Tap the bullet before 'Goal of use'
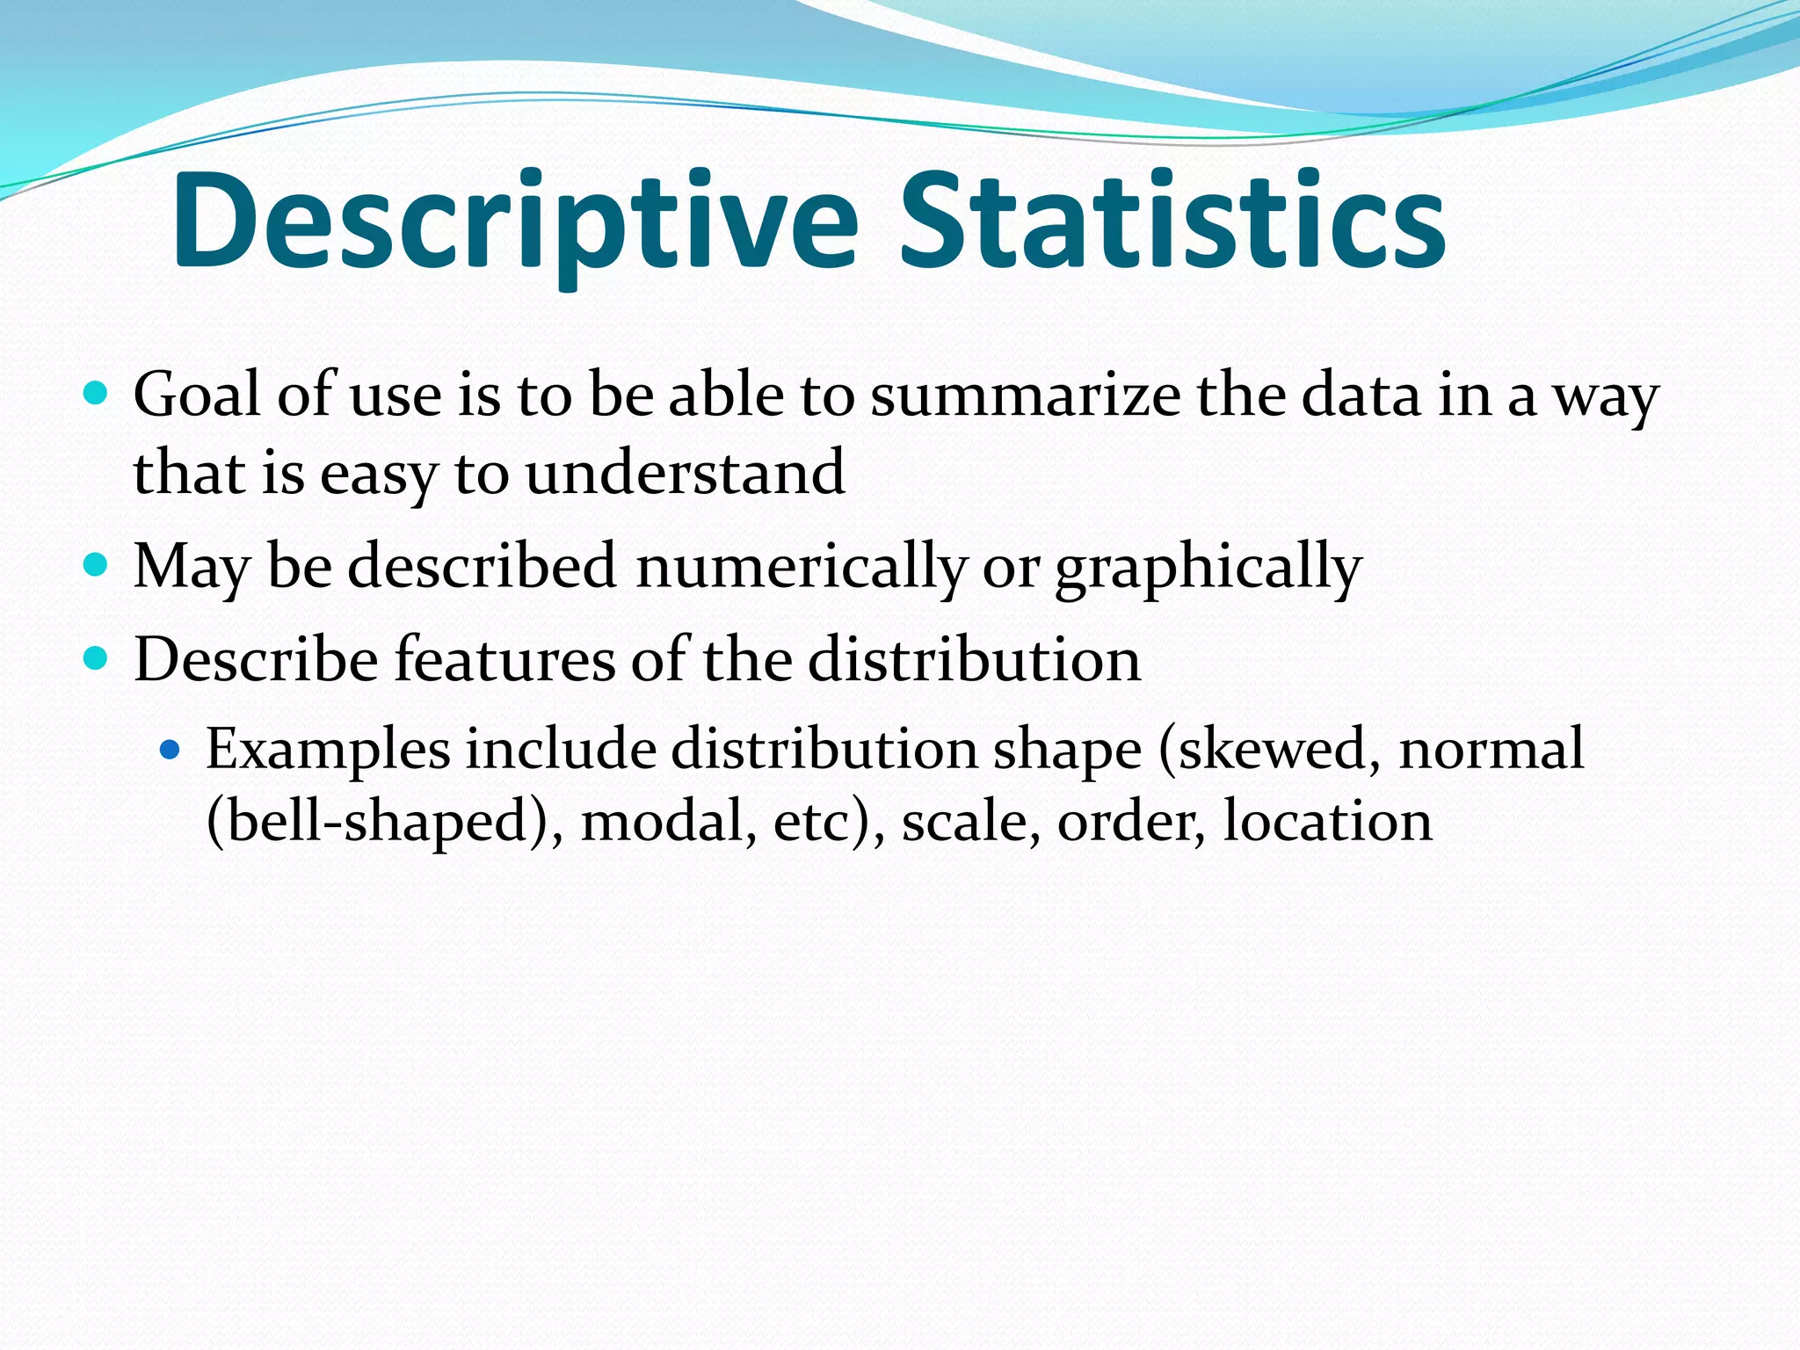point(95,392)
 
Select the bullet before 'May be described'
point(95,563)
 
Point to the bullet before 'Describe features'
point(95,657)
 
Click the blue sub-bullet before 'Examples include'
point(170,750)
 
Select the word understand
point(685,472)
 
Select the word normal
point(1492,750)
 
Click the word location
point(1327,821)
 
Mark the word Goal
point(197,396)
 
